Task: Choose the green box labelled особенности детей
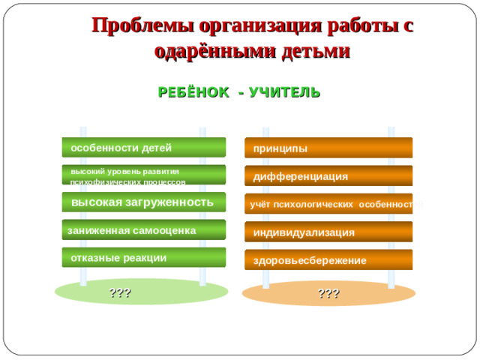click(x=143, y=148)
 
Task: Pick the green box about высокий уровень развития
click(x=143, y=175)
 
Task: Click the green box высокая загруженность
click(x=143, y=202)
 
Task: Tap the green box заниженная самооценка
click(x=143, y=230)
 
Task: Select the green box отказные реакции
click(x=143, y=257)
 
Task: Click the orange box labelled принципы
click(x=328, y=148)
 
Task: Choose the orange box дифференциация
click(x=328, y=176)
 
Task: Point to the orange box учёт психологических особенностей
click(x=328, y=204)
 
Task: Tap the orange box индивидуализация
click(x=328, y=232)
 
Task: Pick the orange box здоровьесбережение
click(x=328, y=260)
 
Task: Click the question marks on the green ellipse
click(x=121, y=292)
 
